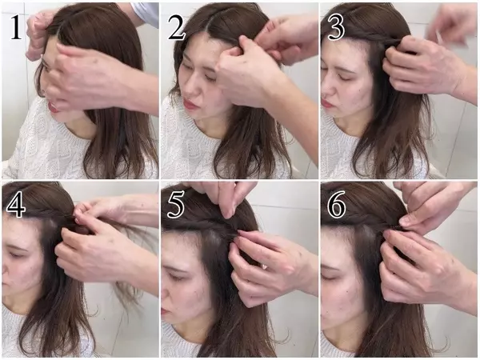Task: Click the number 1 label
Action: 16,27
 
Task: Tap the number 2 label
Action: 177,27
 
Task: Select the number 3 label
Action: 336,27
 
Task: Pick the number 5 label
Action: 175,205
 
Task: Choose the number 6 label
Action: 336,205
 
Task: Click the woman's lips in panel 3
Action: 326,103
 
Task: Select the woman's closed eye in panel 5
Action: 175,277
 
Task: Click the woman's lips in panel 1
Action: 54,106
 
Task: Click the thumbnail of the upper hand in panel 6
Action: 405,219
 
